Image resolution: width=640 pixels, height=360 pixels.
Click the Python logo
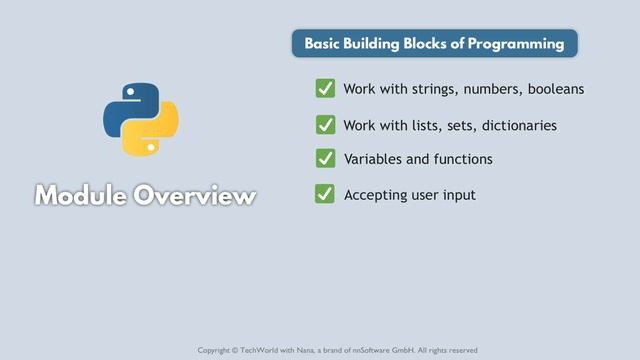[x=141, y=120]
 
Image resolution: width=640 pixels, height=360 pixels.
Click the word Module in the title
[x=84, y=195]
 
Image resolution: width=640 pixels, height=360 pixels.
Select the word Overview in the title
[x=198, y=195]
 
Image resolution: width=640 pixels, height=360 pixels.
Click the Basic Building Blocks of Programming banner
[x=434, y=44]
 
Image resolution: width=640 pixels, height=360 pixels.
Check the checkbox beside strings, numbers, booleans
[x=325, y=89]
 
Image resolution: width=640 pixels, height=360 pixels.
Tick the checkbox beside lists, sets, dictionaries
[x=325, y=125]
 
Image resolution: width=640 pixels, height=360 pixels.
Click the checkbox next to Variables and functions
[x=325, y=159]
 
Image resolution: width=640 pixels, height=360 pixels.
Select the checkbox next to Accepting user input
[x=325, y=194]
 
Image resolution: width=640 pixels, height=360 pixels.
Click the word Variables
[x=372, y=159]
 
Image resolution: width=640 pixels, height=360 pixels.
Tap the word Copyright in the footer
[x=215, y=350]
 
